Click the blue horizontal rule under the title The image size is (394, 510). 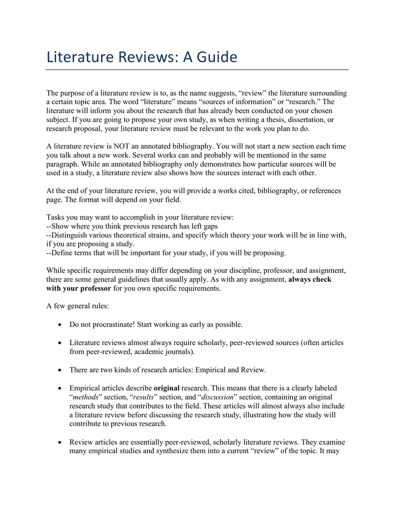pyautogui.click(x=197, y=70)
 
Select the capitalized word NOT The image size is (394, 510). pyautogui.click(x=124, y=146)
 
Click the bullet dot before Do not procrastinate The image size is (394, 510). pyautogui.click(x=60, y=325)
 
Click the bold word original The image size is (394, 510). pyautogui.click(x=167, y=387)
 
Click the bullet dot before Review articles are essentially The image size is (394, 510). pyautogui.click(x=60, y=442)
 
